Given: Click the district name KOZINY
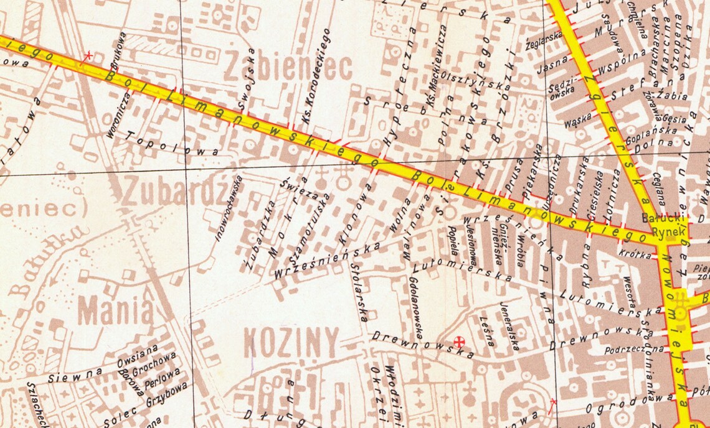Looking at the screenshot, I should pyautogui.click(x=291, y=342).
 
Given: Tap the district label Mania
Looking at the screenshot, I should pyautogui.click(x=115, y=309).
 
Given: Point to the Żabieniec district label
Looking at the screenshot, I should pyautogui.click(x=288, y=68).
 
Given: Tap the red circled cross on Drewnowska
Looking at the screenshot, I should pyautogui.click(x=460, y=341).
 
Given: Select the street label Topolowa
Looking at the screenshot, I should pyautogui.click(x=173, y=144).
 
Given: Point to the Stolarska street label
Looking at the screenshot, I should pyautogui.click(x=357, y=293).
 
